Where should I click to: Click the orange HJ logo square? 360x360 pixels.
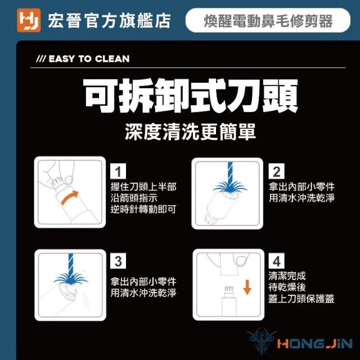coord(29,20)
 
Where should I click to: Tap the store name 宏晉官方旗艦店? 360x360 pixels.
coord(109,21)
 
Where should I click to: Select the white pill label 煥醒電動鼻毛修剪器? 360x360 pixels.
coord(268,20)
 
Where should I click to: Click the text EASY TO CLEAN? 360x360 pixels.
coord(89,58)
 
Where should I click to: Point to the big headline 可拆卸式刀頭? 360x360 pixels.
coord(191,96)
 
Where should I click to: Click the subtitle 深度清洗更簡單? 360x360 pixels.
coord(190,131)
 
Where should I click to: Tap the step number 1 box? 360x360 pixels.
coord(118,171)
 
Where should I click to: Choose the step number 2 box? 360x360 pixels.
coord(276,171)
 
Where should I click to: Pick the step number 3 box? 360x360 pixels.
coord(118,261)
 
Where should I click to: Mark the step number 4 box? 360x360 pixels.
coord(276,261)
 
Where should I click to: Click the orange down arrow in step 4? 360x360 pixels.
coord(247,287)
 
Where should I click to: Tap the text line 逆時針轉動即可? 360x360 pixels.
coord(143,209)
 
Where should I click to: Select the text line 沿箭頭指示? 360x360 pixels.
coord(134,198)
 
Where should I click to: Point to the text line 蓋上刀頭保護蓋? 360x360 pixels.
coord(301,299)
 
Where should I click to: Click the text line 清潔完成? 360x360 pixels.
coord(287,276)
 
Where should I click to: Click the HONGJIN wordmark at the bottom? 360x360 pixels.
coord(314,344)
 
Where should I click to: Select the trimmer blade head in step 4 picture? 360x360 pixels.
coord(229,291)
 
